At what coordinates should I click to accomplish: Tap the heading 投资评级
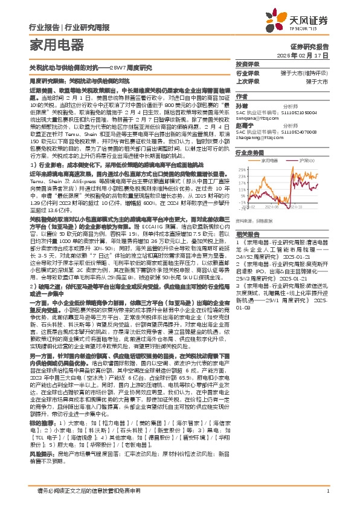tap(247, 64)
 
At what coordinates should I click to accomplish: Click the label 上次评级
tap(248, 80)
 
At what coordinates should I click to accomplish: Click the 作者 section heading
tap(242, 96)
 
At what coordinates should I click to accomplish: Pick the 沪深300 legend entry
tap(303, 161)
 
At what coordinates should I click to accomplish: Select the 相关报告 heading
tap(247, 232)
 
